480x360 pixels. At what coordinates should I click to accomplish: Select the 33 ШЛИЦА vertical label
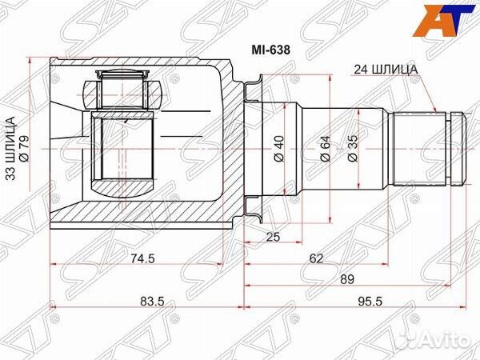pos(11,149)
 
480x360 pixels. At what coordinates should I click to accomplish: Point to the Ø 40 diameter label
pos(278,149)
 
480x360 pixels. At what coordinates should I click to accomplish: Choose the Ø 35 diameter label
pos(353,149)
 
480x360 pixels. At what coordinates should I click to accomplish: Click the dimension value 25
pos(274,236)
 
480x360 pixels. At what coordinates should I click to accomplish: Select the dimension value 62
pos(317,258)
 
